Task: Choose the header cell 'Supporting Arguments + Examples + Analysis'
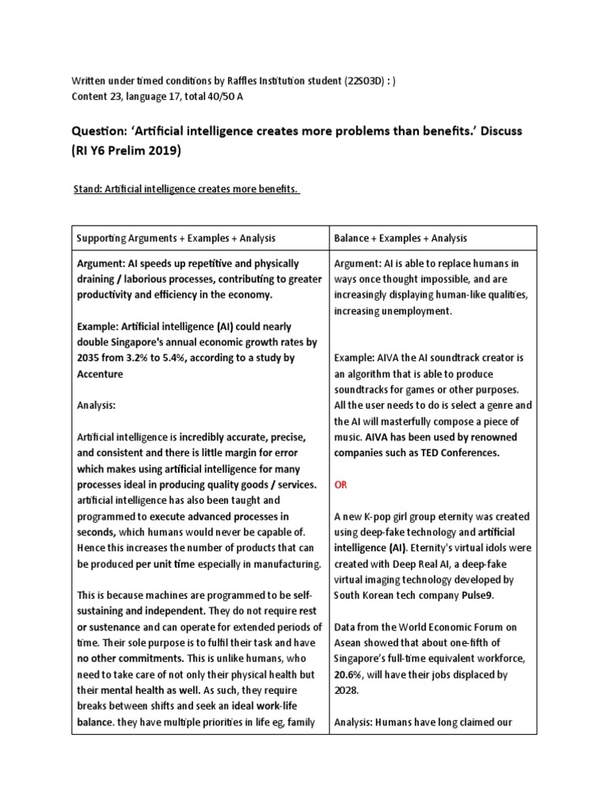click(x=176, y=238)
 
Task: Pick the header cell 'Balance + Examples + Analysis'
click(x=401, y=238)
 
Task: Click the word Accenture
click(x=100, y=373)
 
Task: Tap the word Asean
click(x=351, y=642)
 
